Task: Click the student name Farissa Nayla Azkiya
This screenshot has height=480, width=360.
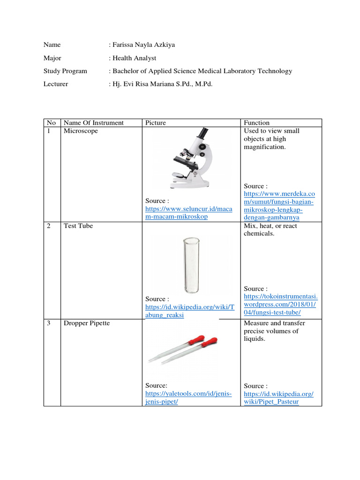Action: pyautogui.click(x=139, y=45)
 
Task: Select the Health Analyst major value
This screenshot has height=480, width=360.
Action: pyautogui.click(x=135, y=58)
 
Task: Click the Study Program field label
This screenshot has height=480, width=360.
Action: pyautogui.click(x=65, y=71)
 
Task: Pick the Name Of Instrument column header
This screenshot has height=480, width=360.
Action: pyautogui.click(x=94, y=123)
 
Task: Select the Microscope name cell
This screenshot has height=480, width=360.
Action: pyautogui.click(x=81, y=131)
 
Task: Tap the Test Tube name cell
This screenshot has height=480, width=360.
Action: pyautogui.click(x=78, y=226)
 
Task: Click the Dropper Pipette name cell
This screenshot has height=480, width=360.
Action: pyautogui.click(x=87, y=323)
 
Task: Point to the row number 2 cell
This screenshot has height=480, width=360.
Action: pyautogui.click(x=49, y=226)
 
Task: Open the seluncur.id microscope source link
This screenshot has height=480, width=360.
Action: pyautogui.click(x=188, y=213)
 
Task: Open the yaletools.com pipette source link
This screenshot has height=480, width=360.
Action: pyautogui.click(x=188, y=397)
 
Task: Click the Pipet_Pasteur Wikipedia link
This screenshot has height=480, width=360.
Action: pyautogui.click(x=278, y=397)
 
